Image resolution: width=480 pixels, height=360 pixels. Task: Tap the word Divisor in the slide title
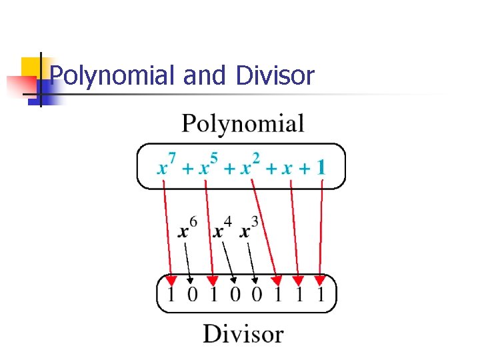tap(274, 77)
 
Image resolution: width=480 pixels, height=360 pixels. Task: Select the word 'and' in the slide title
tap(204, 77)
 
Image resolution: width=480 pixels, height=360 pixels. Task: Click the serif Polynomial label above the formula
tap(243, 125)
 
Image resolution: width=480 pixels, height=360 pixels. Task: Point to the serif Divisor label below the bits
tap(243, 333)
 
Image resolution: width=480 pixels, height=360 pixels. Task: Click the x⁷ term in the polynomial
tap(167, 165)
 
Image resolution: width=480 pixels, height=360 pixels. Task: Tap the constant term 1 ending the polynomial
tap(321, 167)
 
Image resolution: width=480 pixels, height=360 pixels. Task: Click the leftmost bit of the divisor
tap(171, 293)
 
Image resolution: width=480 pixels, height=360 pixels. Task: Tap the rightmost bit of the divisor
tap(320, 293)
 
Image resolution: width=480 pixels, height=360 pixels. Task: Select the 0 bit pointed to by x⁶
tap(192, 293)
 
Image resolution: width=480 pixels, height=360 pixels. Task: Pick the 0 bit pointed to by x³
tap(256, 293)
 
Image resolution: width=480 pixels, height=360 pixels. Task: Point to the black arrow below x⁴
tap(229, 260)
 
